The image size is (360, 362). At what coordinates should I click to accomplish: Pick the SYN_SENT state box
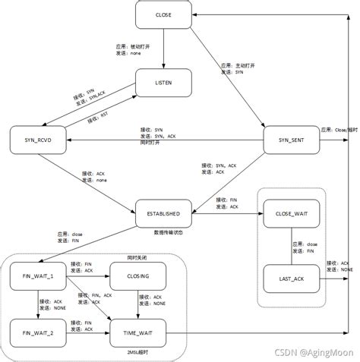click(x=289, y=140)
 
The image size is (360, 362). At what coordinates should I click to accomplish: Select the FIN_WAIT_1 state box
click(x=36, y=275)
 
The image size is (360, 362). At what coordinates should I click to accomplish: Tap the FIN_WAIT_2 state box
click(x=36, y=332)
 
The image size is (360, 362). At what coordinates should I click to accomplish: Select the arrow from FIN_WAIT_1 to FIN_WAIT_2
click(x=36, y=304)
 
